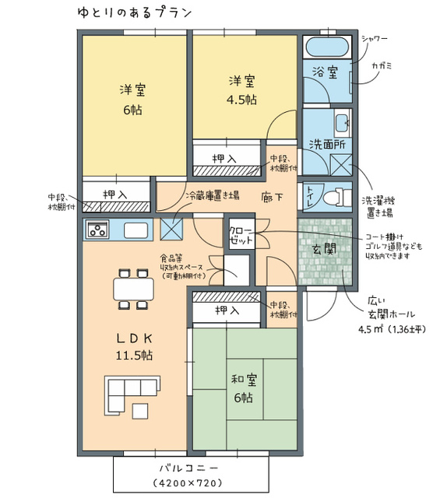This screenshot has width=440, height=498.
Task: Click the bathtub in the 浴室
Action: point(327,47)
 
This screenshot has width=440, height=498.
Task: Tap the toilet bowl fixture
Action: point(338,197)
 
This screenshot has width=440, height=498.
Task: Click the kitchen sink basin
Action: point(136,230)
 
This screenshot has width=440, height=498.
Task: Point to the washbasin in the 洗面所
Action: point(343,123)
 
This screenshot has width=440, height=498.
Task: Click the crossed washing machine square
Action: point(341,165)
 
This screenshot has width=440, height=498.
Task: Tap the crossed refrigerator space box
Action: point(171,230)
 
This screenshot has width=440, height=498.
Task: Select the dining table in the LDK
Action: point(133,289)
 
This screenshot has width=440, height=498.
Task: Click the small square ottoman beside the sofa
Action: point(140,411)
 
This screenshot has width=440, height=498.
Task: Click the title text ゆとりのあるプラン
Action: point(135,12)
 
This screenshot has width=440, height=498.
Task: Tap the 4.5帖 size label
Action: point(241,100)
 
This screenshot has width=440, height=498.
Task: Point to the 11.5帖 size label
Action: point(134,355)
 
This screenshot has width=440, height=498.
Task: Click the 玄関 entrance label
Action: point(325,250)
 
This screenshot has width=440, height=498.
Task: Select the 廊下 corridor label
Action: point(272,197)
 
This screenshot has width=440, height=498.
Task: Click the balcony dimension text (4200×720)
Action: point(187,483)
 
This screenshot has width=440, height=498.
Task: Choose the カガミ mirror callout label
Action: point(382,66)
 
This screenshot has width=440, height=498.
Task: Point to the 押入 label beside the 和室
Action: point(227,310)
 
